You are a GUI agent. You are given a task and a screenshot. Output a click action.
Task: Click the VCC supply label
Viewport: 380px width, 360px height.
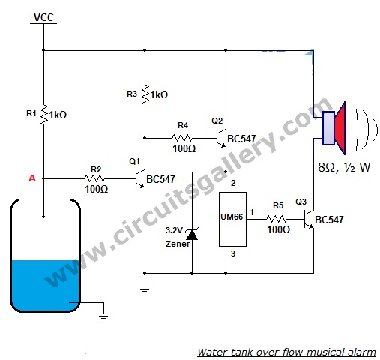tap(43, 17)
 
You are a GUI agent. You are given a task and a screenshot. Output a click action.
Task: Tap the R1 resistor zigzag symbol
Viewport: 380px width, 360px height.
tap(44, 115)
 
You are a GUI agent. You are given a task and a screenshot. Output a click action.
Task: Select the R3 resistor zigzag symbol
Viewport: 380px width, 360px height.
tap(145, 94)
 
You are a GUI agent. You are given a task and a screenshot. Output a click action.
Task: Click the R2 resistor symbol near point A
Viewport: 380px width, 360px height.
tap(94, 178)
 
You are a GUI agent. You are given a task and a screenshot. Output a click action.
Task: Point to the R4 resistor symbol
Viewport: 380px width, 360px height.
tap(182, 138)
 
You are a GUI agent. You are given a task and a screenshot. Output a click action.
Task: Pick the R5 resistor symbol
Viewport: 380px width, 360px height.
tap(277, 219)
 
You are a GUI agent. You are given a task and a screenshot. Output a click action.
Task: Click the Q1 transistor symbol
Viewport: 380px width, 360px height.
tap(140, 178)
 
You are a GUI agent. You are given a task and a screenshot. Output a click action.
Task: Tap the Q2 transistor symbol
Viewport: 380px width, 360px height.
tap(221, 138)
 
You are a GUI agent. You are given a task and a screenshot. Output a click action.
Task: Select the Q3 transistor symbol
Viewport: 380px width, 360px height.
tap(309, 219)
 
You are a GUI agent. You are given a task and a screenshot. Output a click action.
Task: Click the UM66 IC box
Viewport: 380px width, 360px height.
tap(232, 219)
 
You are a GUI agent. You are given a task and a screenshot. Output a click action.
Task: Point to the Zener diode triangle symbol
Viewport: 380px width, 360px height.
tap(192, 235)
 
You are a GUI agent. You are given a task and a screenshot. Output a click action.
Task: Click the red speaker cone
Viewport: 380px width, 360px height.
tap(340, 128)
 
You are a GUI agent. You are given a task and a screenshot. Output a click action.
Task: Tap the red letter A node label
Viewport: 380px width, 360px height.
tap(32, 178)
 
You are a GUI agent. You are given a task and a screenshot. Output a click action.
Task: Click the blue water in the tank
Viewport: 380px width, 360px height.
tap(45, 285)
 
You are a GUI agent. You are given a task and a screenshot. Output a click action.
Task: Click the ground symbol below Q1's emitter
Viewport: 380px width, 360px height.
tap(145, 289)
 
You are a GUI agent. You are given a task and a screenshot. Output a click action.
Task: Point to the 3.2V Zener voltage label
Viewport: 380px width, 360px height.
tap(175, 230)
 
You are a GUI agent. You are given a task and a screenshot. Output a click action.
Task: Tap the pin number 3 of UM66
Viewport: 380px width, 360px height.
tap(233, 253)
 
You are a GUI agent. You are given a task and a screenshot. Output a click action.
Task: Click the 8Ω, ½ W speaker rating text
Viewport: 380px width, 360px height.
tap(344, 167)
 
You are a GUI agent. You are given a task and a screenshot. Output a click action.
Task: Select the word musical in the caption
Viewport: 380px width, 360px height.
tap(322, 352)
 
